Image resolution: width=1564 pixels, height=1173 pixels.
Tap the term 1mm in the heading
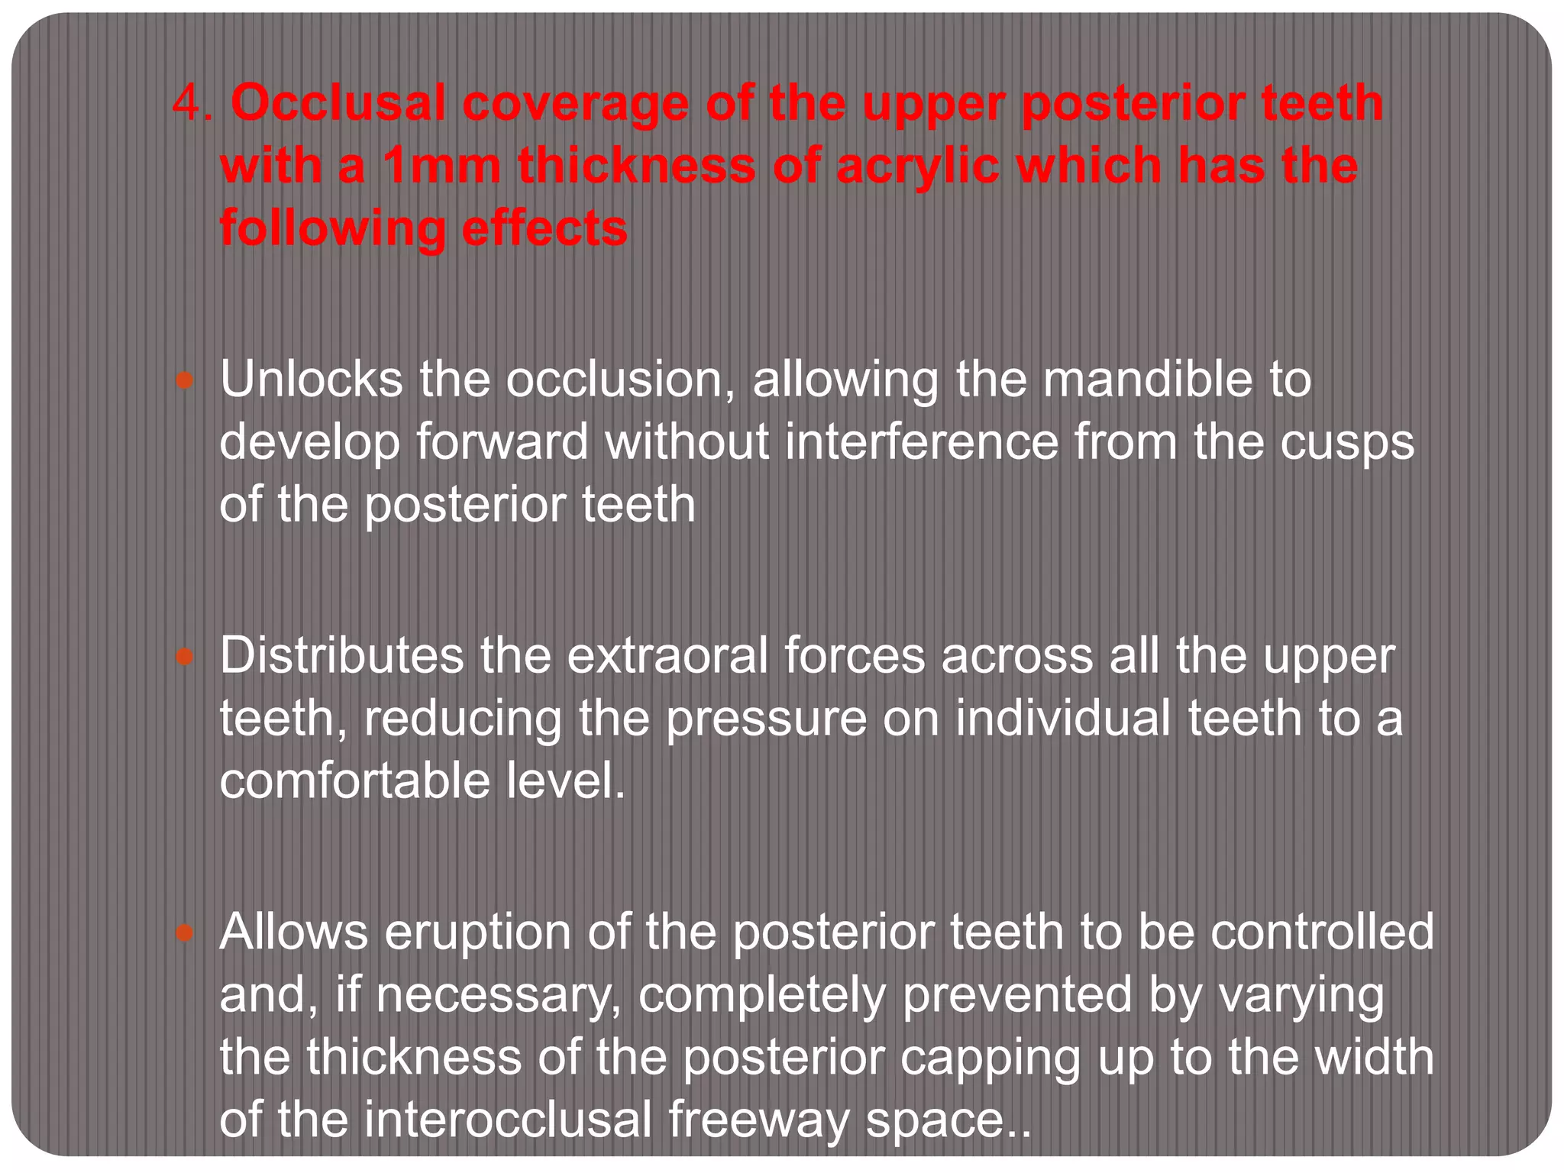(x=441, y=166)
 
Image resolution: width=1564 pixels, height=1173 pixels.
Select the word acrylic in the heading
(x=916, y=166)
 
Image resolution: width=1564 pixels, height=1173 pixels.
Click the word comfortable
(x=354, y=780)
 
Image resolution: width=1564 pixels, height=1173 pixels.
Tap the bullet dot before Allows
(x=185, y=932)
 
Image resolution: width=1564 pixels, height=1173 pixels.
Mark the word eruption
(x=478, y=933)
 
